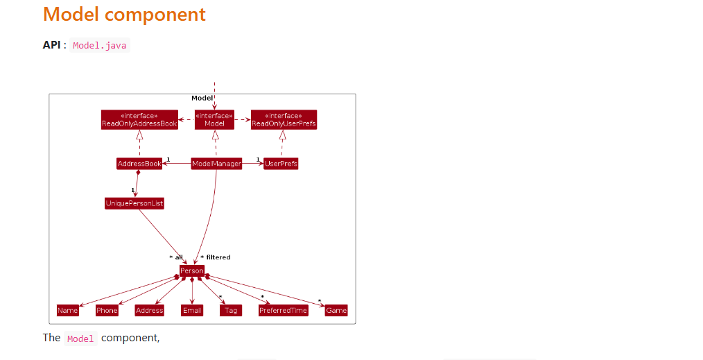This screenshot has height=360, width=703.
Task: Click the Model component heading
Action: (124, 15)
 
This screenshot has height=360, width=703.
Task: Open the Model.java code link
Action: (100, 46)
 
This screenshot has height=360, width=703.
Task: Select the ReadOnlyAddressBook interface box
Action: (139, 120)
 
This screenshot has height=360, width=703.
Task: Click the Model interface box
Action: (214, 120)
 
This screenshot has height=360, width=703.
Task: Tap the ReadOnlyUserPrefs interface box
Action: (284, 120)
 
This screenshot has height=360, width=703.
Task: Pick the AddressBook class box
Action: (139, 164)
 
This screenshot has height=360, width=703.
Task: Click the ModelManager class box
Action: (216, 164)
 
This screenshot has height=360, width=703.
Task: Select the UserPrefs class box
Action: (281, 164)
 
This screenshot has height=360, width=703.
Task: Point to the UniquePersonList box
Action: (134, 203)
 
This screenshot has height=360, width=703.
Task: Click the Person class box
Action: (192, 271)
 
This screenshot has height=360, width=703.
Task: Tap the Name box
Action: (68, 310)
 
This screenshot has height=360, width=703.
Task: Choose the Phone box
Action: (107, 310)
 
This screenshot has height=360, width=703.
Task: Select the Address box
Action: (149, 310)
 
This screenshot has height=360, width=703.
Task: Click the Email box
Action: (192, 310)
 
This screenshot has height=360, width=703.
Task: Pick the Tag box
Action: (231, 310)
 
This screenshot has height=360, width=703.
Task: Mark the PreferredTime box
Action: (283, 310)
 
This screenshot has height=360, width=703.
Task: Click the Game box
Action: (336, 310)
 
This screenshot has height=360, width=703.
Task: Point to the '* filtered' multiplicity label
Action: (216, 257)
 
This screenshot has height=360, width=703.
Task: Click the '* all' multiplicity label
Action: (176, 257)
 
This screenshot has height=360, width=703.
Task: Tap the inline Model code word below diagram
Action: (80, 339)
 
